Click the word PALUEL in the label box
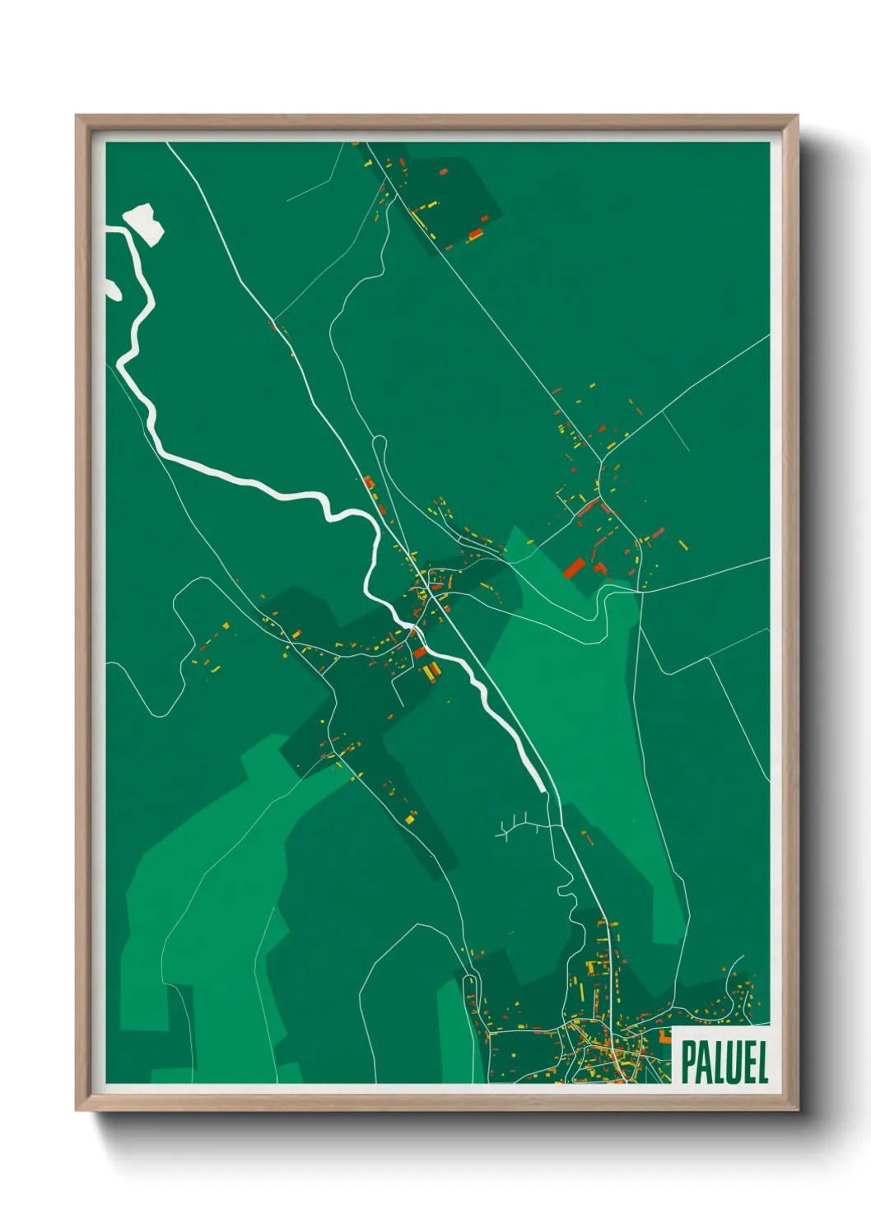pos(724,1062)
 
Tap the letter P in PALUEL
pos(689,1062)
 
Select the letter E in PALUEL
pos(748,1062)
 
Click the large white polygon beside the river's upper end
pos(143,222)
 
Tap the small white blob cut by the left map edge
pos(112,289)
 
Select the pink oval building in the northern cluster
pos(444,172)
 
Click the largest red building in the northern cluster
pos(475,236)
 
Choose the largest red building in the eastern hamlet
pos(574,567)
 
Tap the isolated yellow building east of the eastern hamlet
pos(682,543)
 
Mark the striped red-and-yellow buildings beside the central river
pos(431,672)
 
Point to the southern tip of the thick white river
pos(542,790)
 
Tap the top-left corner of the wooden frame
pos(77,116)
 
